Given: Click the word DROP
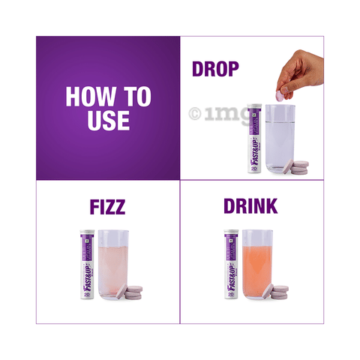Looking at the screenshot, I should pyautogui.click(x=215, y=69).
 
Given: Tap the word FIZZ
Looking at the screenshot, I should pyautogui.click(x=108, y=206).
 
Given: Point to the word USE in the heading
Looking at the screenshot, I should pyautogui.click(x=108, y=120).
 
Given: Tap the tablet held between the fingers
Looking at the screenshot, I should pyautogui.click(x=280, y=95).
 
